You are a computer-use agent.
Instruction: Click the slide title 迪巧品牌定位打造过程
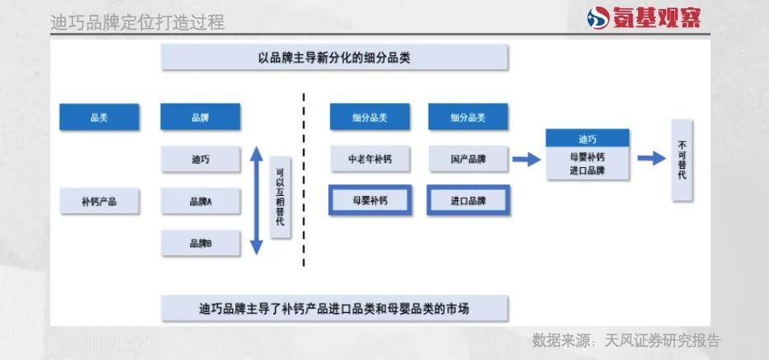point(137,22)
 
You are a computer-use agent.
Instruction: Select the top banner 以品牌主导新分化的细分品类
point(333,58)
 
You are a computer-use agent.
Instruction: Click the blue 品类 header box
point(99,118)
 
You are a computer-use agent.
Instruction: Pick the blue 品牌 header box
point(200,118)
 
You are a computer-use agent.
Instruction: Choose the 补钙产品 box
point(99,201)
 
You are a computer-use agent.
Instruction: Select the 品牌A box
point(200,201)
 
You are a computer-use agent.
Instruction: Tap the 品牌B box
point(200,243)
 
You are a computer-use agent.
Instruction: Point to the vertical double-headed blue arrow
point(256,200)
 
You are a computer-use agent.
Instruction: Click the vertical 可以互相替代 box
point(280,198)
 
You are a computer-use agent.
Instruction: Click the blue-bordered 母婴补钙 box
point(370,200)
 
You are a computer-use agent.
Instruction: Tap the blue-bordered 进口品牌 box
point(468,200)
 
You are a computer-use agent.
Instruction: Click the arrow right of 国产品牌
point(525,159)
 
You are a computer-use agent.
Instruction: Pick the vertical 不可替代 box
point(683,160)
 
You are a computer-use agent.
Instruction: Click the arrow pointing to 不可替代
point(651,158)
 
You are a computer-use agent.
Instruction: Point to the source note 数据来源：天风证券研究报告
point(626,340)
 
